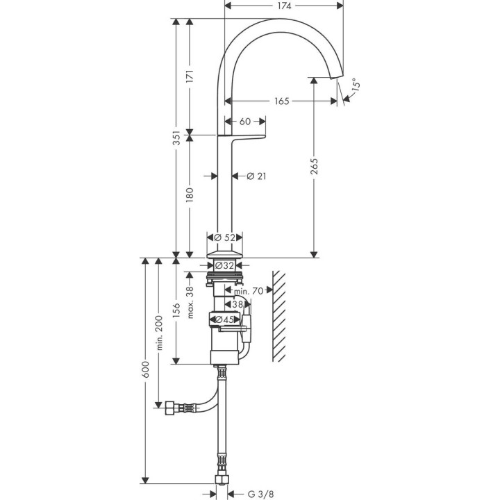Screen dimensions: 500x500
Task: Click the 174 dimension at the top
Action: (x=285, y=5)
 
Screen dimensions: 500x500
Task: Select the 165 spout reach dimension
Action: (x=281, y=101)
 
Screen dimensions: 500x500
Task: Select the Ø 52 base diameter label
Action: (x=225, y=237)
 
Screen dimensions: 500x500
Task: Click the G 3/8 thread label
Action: (x=260, y=494)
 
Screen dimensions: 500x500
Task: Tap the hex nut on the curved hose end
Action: (x=168, y=407)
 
